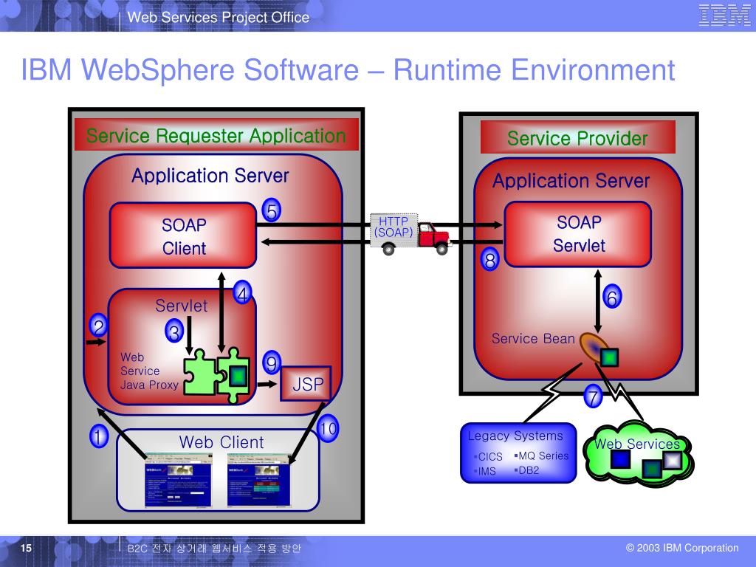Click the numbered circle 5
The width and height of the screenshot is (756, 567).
point(272,212)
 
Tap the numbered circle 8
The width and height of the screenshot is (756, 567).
point(490,260)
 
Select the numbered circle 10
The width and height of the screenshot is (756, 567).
point(328,428)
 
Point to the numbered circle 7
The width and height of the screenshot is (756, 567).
point(593,397)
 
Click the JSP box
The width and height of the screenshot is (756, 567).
point(306,385)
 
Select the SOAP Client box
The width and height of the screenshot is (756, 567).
point(184,236)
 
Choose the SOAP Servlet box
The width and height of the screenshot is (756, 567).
point(579,233)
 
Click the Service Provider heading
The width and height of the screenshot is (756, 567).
point(577,138)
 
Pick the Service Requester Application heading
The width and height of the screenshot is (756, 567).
point(216,136)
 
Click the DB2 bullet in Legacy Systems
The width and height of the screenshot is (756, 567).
point(528,470)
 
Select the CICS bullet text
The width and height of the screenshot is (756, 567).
point(489,457)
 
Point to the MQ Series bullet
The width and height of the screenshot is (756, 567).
point(543,456)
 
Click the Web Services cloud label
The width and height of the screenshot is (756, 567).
point(637,444)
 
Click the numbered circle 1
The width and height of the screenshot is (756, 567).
point(97,437)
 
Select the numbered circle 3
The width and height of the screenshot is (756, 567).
point(174,332)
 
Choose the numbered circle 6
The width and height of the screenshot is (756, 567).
point(612,298)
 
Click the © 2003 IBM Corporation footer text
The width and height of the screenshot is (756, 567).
point(682,548)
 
